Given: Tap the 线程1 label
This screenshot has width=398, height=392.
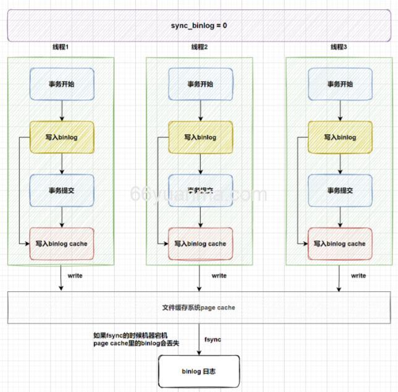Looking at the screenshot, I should pyautogui.click(x=61, y=48).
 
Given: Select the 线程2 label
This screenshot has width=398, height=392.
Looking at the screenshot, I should pyautogui.click(x=200, y=48).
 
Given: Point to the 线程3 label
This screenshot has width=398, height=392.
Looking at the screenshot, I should pyautogui.click(x=339, y=48).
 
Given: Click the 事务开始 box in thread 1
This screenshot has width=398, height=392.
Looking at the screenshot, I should pyautogui.click(x=61, y=85).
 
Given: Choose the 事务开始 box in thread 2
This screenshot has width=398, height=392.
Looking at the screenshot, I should pyautogui.click(x=200, y=85).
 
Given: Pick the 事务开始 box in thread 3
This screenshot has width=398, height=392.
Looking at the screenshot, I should pyautogui.click(x=339, y=85).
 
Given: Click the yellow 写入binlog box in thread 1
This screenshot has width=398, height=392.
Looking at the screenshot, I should pyautogui.click(x=61, y=137).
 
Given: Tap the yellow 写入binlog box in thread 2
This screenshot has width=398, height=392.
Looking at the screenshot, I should pyautogui.click(x=200, y=137).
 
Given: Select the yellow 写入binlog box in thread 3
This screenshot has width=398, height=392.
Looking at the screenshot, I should pyautogui.click(x=339, y=137).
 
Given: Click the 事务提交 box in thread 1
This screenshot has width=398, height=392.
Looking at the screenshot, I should pyautogui.click(x=61, y=190).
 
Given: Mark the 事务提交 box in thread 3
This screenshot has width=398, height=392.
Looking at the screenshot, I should pyautogui.click(x=339, y=190).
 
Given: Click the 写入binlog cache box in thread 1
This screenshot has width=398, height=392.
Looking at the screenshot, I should pyautogui.click(x=61, y=244).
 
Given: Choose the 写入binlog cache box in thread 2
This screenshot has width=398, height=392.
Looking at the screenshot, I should pyautogui.click(x=200, y=244).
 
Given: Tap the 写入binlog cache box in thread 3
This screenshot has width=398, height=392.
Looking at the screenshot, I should pyautogui.click(x=339, y=244).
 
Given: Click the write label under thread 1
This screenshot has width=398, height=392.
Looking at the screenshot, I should pyautogui.click(x=75, y=276).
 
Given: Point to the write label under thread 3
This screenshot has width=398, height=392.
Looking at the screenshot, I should pyautogui.click(x=358, y=276).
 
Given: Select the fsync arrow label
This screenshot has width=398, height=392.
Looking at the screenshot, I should pyautogui.click(x=213, y=340).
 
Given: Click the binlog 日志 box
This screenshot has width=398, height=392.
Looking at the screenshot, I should pyautogui.click(x=199, y=372).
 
